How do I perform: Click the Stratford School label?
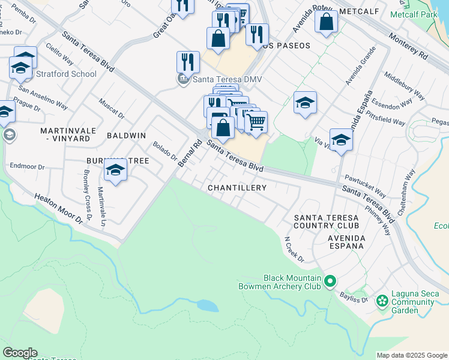pyautogui.click(x=65, y=74)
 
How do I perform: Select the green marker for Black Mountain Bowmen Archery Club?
pyautogui.click(x=330, y=281)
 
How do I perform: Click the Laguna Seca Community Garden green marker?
pyautogui.click(x=381, y=300)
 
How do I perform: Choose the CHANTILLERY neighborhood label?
pyautogui.click(x=237, y=188)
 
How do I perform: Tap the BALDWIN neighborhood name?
pyautogui.click(x=126, y=136)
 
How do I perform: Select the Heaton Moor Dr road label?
pyautogui.click(x=58, y=208)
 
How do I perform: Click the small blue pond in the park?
pyautogui.click(x=208, y=305)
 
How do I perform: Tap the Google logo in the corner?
pyautogui.click(x=19, y=353)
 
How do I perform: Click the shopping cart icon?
pyautogui.click(x=256, y=122)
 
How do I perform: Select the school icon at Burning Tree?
pyautogui.click(x=115, y=170)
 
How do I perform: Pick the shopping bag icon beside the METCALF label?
pyautogui.click(x=326, y=22)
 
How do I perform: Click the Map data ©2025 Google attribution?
pyautogui.click(x=412, y=355)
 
